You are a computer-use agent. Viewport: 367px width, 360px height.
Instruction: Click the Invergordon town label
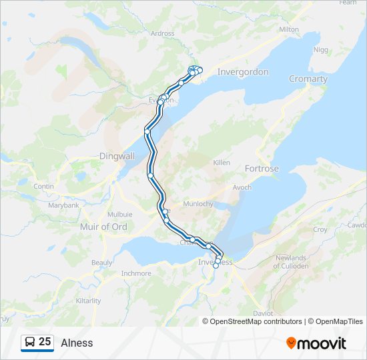coord(243,72)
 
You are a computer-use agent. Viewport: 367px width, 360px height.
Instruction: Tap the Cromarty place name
coord(308,79)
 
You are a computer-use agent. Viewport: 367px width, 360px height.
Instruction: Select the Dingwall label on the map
coord(117,155)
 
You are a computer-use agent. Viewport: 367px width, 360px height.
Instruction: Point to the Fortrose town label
coord(262,169)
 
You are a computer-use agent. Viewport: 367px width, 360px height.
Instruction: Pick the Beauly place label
coord(102,263)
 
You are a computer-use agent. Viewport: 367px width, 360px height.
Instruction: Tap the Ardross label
coord(163,33)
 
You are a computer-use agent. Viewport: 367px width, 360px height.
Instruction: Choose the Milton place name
coord(289,29)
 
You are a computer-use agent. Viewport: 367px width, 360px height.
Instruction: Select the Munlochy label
coord(198,203)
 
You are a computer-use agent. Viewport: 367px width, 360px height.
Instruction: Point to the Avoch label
coord(242,187)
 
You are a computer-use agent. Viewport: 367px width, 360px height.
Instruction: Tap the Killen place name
coord(221,163)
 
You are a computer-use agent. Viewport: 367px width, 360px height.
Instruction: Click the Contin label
coord(43,187)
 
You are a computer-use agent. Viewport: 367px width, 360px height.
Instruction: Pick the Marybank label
coord(63,205)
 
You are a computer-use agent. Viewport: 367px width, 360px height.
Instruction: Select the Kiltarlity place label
coord(89,301)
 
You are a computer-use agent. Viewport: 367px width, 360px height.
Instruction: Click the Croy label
coord(320,229)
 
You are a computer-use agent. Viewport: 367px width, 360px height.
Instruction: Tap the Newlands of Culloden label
coord(290,262)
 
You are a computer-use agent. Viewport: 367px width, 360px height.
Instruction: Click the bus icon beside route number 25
coord(30,343)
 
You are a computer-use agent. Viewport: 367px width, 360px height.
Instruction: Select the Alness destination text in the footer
coord(77,343)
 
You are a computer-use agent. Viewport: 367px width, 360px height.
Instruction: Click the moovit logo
coord(316,343)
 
